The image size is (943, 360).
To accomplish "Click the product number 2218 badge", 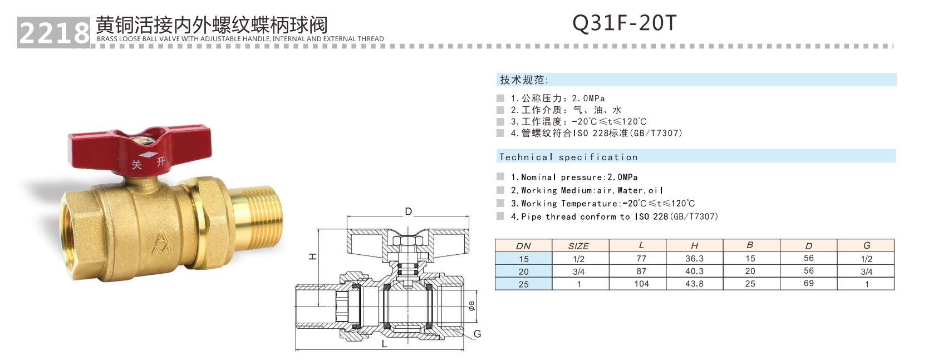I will point(53,33).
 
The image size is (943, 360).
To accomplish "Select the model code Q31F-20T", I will point(624,23).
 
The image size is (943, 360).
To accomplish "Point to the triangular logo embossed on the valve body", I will point(161,241).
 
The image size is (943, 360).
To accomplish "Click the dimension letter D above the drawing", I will point(409,211).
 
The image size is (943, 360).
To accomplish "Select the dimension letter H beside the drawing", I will point(313,257).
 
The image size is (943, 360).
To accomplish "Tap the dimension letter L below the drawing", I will point(384,344).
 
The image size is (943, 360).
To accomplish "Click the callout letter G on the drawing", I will point(477,334).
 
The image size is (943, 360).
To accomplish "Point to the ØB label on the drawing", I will point(472,305).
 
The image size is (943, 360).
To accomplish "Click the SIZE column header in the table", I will point(578,246).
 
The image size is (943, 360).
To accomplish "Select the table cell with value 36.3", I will point(694,259).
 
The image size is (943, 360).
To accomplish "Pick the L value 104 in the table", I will point(641,284).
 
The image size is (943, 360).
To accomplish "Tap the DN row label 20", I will point(523,272).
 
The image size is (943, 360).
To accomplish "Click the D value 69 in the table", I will point(808,284).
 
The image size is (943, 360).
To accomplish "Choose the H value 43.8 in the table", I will point(694,284).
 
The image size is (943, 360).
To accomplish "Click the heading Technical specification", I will point(568,157).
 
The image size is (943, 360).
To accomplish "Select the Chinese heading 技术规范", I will point(523,80).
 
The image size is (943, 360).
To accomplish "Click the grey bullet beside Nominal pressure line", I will point(500,177).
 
